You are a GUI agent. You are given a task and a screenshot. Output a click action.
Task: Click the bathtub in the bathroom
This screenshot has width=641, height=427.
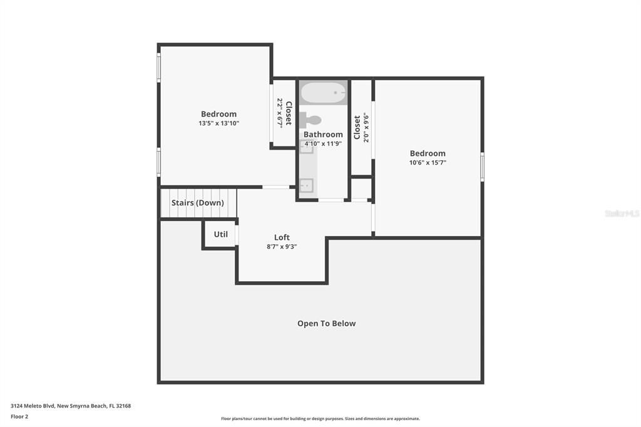point(323,93)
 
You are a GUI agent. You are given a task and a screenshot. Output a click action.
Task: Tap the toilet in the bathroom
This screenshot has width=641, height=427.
point(311,120)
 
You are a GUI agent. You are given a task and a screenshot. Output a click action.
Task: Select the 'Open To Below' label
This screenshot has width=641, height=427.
point(326,324)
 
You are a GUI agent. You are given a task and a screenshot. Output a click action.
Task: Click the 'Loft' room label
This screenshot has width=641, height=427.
point(282,237)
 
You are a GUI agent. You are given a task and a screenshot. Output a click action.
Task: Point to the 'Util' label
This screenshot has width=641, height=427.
point(221,234)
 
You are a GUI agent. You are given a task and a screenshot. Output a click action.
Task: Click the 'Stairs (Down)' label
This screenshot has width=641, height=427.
point(197,203)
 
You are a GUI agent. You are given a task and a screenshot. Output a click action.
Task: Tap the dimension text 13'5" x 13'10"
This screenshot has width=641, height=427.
point(218,123)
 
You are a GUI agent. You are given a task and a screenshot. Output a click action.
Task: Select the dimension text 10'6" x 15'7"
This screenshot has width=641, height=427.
point(428,163)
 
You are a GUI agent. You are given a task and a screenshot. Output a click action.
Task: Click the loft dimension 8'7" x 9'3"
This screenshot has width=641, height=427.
point(282,247)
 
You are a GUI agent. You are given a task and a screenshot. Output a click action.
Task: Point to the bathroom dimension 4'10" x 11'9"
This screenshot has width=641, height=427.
point(323,143)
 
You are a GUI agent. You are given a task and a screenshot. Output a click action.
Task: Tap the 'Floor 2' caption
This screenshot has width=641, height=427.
point(19,416)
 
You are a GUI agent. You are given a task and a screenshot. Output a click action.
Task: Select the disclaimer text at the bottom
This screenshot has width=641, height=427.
point(320,419)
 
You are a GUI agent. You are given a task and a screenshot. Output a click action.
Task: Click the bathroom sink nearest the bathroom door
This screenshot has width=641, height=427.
point(306,185)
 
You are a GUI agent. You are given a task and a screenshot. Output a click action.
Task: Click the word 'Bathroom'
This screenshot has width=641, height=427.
point(323,134)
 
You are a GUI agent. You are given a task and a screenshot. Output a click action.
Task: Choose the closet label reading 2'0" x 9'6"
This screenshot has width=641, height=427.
point(362,128)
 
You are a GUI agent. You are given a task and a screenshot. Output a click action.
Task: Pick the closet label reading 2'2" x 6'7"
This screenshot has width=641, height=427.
point(284,113)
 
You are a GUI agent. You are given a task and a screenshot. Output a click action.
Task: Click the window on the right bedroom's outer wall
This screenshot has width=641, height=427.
point(482,167)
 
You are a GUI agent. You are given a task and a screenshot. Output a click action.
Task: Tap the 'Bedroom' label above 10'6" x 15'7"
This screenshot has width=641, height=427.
point(428,153)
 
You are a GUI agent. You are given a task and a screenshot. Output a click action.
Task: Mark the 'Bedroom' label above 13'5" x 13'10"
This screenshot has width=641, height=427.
point(218,114)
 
